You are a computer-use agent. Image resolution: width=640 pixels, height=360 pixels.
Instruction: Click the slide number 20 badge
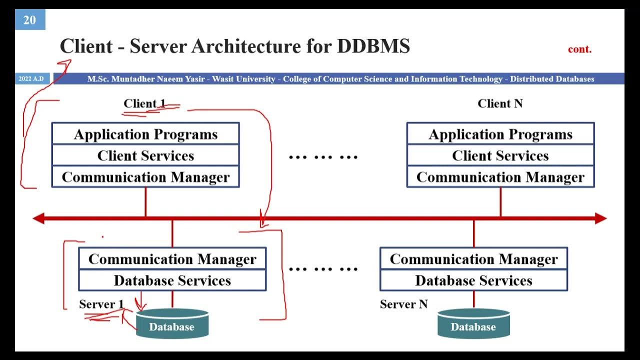30,20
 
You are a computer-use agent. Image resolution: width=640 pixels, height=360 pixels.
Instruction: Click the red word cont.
579,49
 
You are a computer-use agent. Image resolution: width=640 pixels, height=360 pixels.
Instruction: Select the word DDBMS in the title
373,46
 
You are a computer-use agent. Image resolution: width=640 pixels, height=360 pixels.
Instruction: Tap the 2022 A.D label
31,79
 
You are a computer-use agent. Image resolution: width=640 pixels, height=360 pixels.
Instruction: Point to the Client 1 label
144,104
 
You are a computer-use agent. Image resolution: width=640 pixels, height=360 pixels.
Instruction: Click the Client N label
500,103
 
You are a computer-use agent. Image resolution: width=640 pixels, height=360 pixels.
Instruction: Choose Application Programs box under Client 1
145,134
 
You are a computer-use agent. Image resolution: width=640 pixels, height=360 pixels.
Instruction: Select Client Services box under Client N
500,155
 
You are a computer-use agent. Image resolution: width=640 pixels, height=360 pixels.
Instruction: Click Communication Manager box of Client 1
145,177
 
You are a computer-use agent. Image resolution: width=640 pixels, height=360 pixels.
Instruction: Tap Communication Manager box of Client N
500,177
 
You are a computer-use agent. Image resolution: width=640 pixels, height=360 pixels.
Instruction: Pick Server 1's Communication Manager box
172,259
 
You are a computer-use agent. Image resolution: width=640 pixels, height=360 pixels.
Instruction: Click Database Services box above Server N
473,280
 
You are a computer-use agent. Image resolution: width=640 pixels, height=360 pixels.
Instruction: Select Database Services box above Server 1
172,280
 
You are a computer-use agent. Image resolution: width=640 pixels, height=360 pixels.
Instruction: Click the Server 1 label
101,304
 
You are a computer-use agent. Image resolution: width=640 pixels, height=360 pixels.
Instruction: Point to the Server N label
403,304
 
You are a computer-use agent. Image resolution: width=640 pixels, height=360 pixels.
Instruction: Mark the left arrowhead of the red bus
38,218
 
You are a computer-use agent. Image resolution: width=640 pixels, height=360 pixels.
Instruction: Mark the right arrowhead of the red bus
601,218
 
